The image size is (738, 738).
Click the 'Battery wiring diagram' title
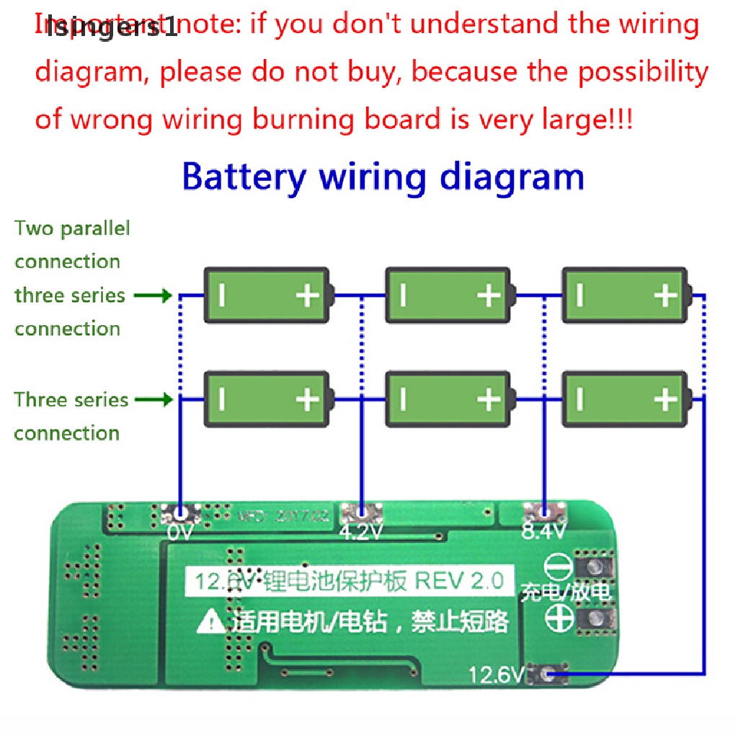point(383,177)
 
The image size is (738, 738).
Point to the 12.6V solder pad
point(548,675)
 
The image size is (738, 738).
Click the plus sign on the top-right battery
point(665,295)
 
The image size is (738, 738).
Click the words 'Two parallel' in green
point(72,229)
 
